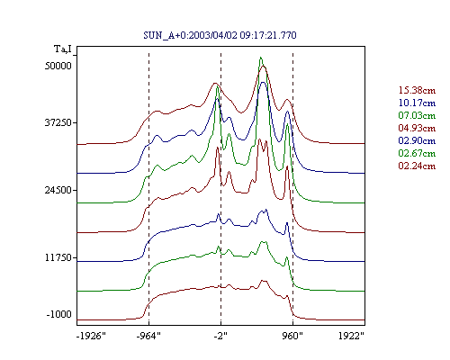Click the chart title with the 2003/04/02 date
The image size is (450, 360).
coord(220,35)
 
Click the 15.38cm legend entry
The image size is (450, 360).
coord(417,90)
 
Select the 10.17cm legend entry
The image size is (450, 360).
coord(417,103)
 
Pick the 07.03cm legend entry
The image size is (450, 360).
coord(417,115)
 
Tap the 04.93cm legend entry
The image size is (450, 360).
coord(417,128)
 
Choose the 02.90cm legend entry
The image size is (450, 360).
coord(417,140)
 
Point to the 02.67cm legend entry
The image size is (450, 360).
coord(417,153)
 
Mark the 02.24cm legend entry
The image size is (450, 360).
coord(417,166)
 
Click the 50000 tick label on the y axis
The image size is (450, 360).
coord(58,66)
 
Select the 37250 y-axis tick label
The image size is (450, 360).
coord(58,122)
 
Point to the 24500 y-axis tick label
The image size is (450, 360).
coord(58,190)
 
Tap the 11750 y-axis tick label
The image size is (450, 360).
coord(58,257)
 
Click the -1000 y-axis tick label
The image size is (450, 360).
coord(59,314)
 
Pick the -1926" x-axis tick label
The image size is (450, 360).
coord(92,336)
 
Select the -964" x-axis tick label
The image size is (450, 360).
coord(148,336)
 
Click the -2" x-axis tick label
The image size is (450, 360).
coord(220,336)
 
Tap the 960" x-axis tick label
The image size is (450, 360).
coord(292,336)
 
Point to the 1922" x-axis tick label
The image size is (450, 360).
coord(351,336)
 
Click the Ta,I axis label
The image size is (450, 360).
coord(63,49)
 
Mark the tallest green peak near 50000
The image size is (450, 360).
coord(261,58)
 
